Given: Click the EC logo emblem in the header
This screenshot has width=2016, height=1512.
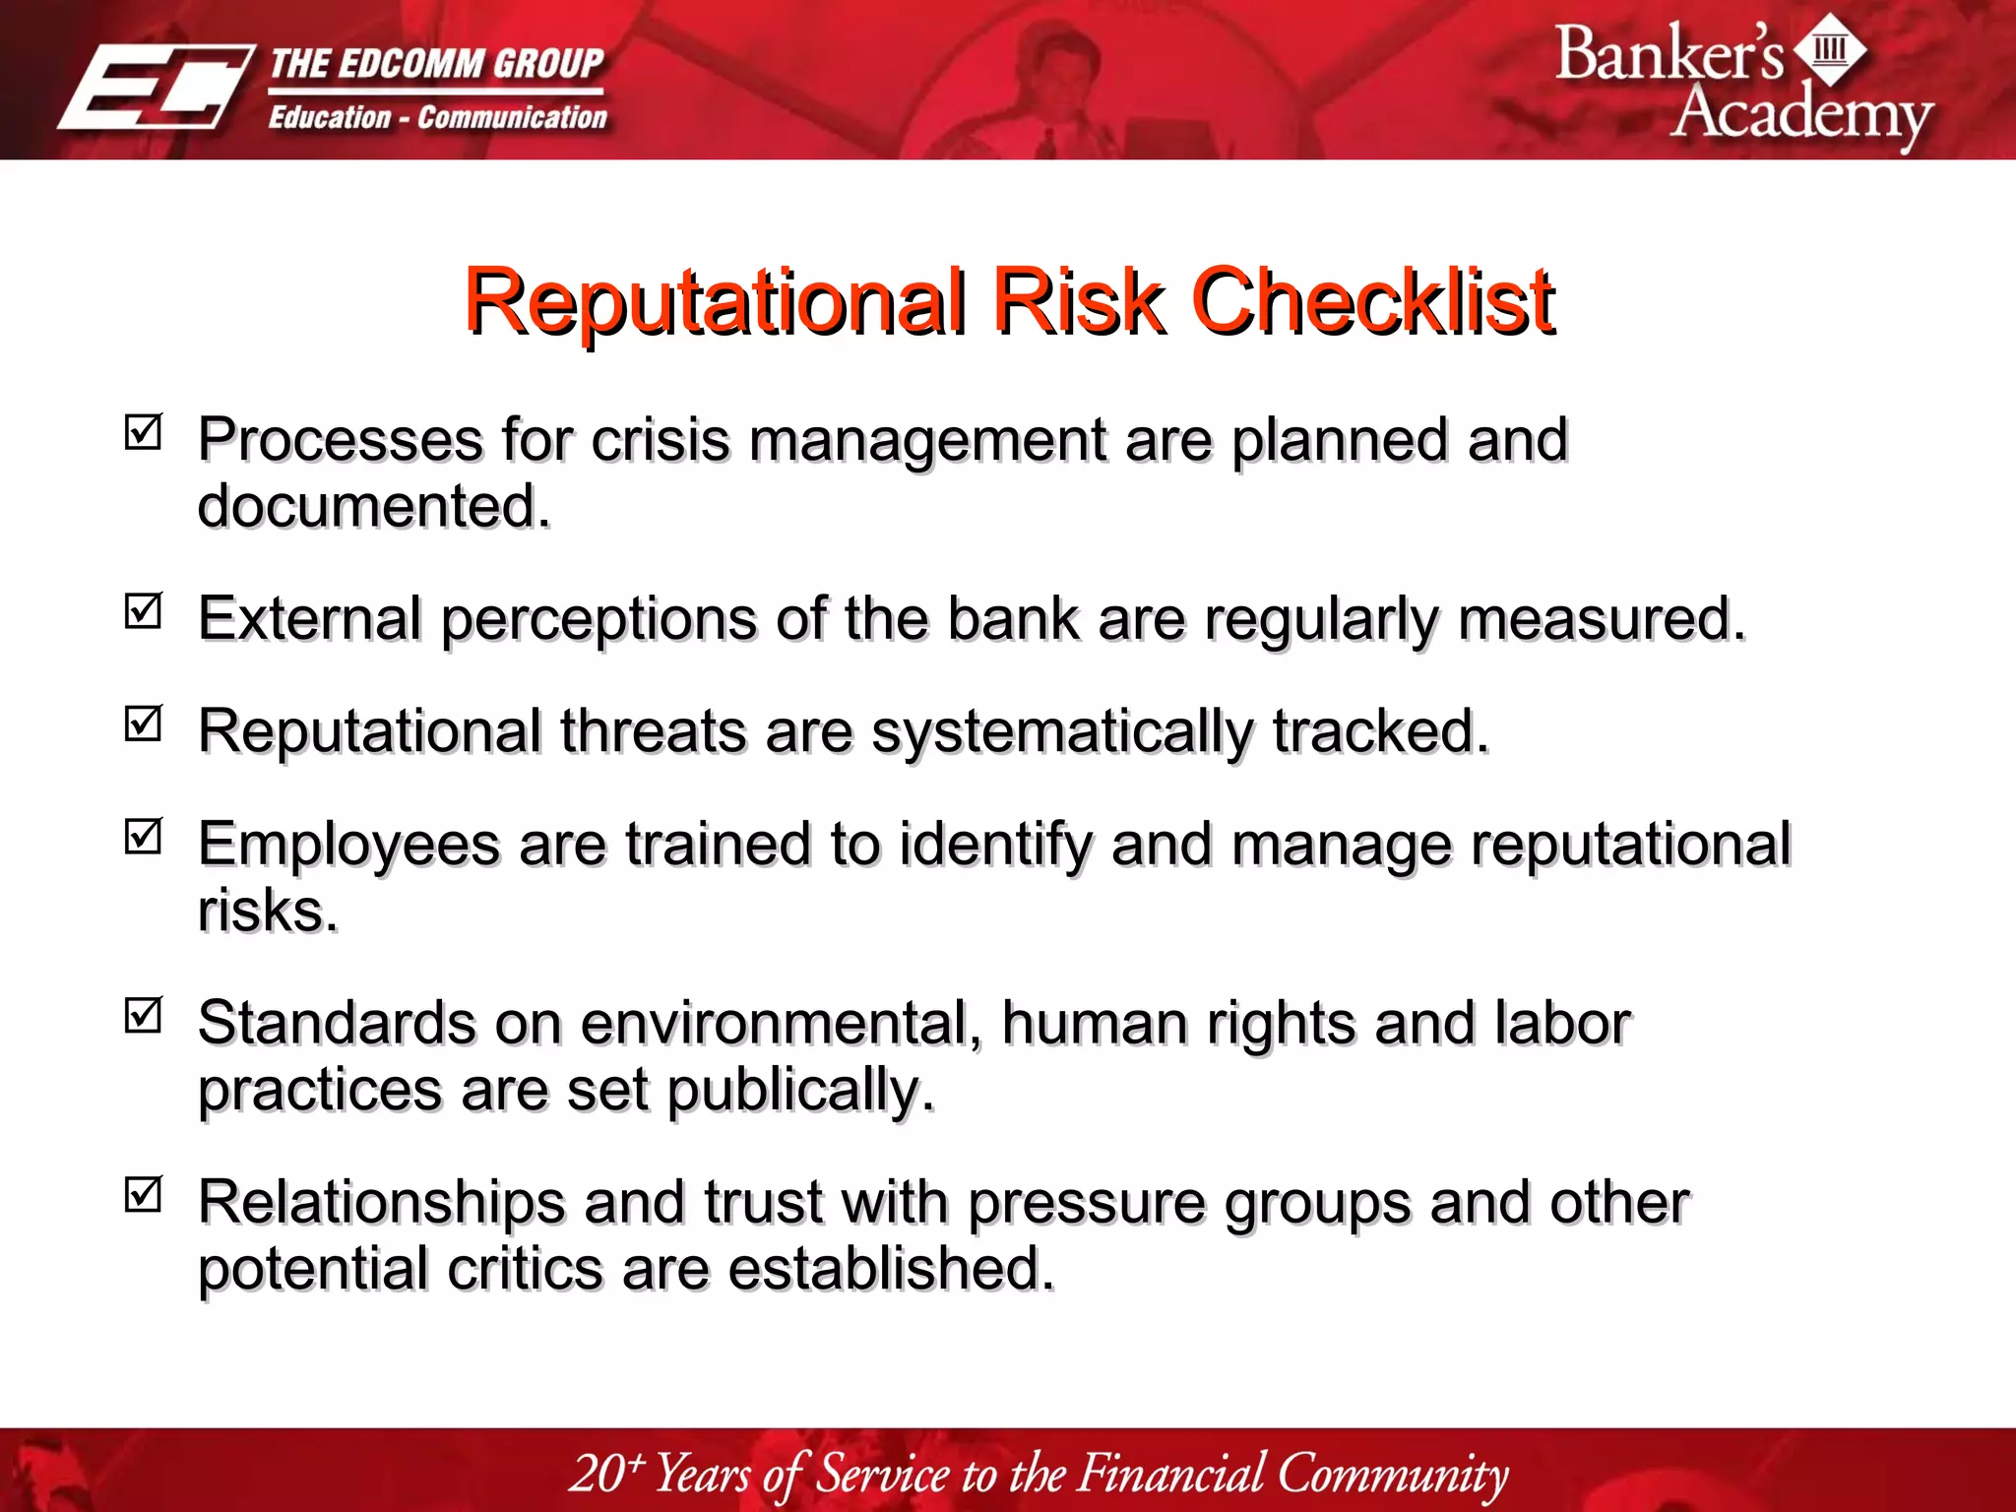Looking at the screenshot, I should coord(156,89).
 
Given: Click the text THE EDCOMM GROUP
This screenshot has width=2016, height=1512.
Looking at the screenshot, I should coord(436,64).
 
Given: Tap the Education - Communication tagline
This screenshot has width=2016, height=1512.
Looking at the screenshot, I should coord(438,118).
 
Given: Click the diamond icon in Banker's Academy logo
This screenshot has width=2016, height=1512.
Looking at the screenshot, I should coord(1830,49).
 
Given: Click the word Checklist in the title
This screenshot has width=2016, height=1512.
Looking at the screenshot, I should coord(1372,301).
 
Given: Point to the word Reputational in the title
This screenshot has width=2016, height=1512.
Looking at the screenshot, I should coord(715,301).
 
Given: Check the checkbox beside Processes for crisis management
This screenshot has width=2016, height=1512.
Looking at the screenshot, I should coord(144,431).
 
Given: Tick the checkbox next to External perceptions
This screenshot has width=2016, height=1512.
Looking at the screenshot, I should coord(144,610).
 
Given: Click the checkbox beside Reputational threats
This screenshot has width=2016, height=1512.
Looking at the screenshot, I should coord(144,724).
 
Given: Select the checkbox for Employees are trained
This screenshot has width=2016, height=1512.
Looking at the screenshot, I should coord(144,837).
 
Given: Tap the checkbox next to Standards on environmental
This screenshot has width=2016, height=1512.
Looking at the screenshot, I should coord(144,1015).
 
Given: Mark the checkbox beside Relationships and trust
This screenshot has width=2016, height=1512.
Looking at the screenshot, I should coord(144,1194).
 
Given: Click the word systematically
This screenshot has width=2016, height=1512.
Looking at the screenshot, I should coord(1062,732).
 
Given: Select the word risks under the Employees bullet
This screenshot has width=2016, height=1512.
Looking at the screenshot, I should coord(266,911).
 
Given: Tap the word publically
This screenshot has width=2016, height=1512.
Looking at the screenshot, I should coord(799,1091).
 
